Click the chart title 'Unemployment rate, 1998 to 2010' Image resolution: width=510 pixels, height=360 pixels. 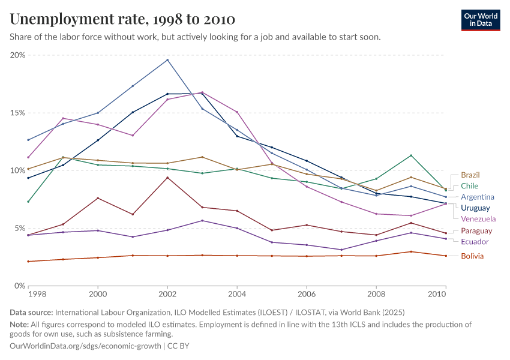click(x=122, y=19)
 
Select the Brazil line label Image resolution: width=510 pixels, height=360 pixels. click(x=470, y=175)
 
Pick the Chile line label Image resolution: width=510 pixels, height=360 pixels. click(x=469, y=186)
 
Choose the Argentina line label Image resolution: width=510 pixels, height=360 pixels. click(x=478, y=197)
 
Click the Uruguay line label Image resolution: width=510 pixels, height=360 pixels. click(x=476, y=208)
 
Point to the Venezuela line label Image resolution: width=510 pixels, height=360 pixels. click(x=478, y=218)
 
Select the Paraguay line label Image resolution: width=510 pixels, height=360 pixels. click(x=476, y=231)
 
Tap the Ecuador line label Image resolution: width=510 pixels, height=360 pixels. click(x=475, y=242)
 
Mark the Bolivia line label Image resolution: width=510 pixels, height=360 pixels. click(x=472, y=256)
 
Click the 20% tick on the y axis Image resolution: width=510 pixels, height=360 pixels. click(x=17, y=55)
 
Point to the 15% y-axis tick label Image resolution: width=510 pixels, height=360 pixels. click(x=17, y=113)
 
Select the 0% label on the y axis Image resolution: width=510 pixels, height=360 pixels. click(x=19, y=286)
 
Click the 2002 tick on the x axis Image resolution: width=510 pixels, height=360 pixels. click(x=167, y=295)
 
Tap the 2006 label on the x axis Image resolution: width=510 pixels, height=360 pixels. click(x=307, y=295)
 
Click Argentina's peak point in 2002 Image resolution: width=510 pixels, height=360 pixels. click(x=167, y=60)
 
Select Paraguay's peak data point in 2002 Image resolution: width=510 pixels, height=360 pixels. click(x=167, y=177)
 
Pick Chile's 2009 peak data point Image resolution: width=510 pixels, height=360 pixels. click(x=411, y=155)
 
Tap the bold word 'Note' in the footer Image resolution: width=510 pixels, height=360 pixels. click(x=19, y=325)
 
